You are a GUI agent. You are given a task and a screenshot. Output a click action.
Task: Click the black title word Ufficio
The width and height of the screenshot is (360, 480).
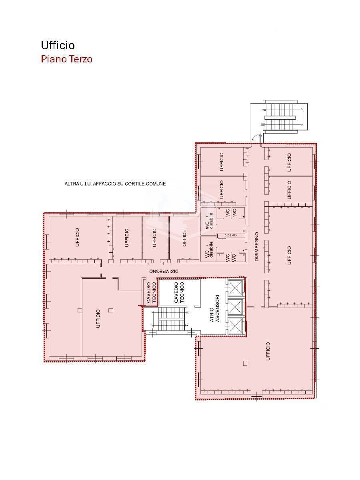coord(58,45)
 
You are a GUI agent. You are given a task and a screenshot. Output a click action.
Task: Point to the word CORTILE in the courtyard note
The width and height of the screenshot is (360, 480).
coord(134,184)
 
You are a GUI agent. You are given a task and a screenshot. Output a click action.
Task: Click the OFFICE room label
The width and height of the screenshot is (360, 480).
coord(184,238)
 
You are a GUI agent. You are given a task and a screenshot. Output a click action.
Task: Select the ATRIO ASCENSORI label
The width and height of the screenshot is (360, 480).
coord(215,308)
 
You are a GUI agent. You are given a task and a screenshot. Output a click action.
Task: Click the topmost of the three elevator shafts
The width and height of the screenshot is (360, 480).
coord(235,288)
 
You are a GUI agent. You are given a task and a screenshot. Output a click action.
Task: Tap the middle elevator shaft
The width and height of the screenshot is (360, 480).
coord(235,307)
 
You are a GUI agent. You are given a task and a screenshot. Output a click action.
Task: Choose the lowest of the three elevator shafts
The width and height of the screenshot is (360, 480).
coord(235,326)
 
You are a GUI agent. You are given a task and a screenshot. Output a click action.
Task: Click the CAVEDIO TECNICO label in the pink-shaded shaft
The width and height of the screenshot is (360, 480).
coord(151,293)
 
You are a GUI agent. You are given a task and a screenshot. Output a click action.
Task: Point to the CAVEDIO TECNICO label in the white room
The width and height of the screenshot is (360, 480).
coord(179,292)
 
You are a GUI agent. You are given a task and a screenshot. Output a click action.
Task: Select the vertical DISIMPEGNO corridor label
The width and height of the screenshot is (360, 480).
coord(257,247)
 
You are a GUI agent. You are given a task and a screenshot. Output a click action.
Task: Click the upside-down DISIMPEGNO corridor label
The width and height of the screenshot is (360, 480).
coord(164,271)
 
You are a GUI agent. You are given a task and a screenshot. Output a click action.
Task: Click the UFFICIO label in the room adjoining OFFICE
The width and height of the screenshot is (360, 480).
coord(154,238)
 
